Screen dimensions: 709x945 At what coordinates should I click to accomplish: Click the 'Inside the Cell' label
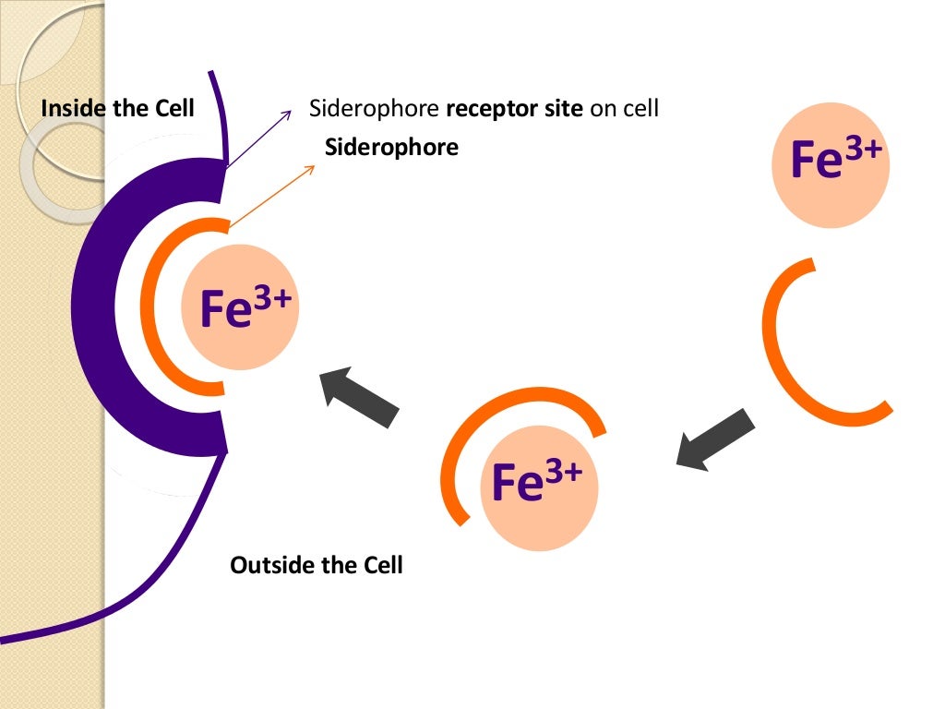[x=118, y=109]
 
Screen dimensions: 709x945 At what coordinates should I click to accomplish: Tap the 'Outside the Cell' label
[x=317, y=565]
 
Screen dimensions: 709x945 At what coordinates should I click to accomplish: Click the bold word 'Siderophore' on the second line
[x=392, y=147]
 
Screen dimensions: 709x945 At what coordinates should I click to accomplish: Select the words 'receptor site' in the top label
[x=515, y=109]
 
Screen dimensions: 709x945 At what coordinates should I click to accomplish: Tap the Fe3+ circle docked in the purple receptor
[x=241, y=308]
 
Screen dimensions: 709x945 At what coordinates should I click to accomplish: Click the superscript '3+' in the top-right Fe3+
[x=866, y=148]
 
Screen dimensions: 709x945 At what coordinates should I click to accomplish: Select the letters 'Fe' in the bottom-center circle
[x=514, y=485]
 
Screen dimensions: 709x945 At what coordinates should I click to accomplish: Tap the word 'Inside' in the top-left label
[x=74, y=109]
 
